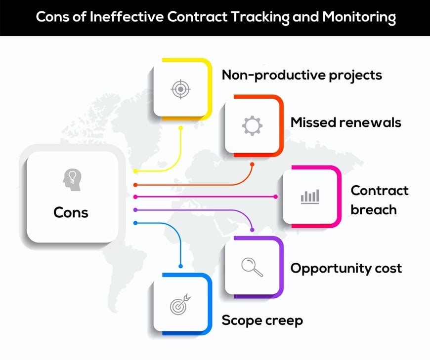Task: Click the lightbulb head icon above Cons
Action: point(72,180)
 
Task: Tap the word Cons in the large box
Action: point(71,213)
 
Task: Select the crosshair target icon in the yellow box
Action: point(180,89)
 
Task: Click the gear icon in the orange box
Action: point(252,126)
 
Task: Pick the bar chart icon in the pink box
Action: point(310,197)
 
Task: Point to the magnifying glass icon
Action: point(252,267)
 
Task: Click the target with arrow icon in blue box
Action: point(180,304)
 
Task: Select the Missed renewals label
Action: point(346,122)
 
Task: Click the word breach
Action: point(374,210)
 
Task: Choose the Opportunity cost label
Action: point(346,269)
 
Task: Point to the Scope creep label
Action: point(262,321)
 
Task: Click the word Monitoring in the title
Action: point(359,17)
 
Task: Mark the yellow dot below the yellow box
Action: point(180,128)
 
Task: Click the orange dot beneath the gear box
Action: point(252,164)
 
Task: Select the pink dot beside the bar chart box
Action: point(276,197)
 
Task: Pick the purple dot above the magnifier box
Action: point(252,230)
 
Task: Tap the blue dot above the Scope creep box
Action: point(180,266)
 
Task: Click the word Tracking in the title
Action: point(260,17)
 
